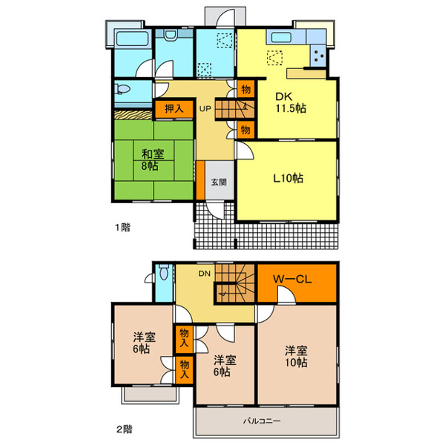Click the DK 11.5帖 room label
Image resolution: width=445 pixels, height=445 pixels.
pyautogui.click(x=290, y=102)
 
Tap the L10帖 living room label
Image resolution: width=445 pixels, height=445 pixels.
pyautogui.click(x=288, y=178)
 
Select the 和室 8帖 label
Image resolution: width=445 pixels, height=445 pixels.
pyautogui.click(x=152, y=159)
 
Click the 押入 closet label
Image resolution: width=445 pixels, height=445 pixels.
pyautogui.click(x=174, y=108)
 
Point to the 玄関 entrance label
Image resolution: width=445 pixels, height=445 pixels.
pyautogui.click(x=219, y=182)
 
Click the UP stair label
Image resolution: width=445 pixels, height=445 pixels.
pyautogui.click(x=205, y=109)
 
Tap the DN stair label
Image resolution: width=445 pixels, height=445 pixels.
pyautogui.click(x=205, y=274)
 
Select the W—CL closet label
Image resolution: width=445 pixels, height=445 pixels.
pyautogui.click(x=292, y=280)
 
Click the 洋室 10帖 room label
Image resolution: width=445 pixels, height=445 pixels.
pyautogui.click(x=296, y=357)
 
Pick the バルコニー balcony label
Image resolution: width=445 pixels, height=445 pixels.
pyautogui.click(x=261, y=421)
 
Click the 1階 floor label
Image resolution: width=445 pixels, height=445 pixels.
pyautogui.click(x=122, y=228)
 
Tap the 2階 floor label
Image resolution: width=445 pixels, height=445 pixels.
pyautogui.click(x=125, y=429)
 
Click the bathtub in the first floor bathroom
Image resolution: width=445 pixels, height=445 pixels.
pyautogui.click(x=133, y=39)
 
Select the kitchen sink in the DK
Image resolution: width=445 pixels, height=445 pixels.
pyautogui.click(x=281, y=37)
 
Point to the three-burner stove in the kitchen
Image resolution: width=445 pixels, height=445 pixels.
pyautogui.click(x=319, y=56)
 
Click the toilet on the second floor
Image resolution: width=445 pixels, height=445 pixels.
pyautogui.click(x=164, y=271)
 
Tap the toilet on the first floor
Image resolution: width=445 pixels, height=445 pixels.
pyautogui.click(x=122, y=89)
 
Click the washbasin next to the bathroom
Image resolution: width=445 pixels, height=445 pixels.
pyautogui.click(x=170, y=35)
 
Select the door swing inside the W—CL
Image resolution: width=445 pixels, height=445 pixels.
pyautogui.click(x=286, y=294)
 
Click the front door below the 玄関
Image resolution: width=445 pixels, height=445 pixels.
pyautogui.click(x=215, y=210)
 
